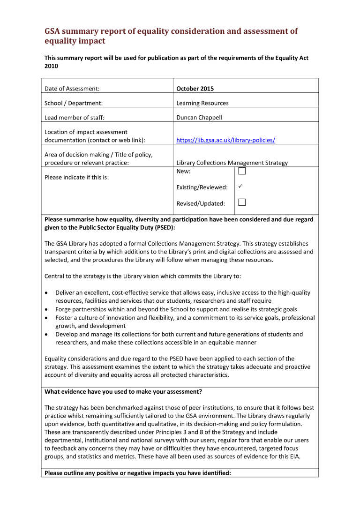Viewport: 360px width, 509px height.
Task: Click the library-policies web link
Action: [225, 140]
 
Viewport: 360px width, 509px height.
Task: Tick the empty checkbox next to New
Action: [242, 172]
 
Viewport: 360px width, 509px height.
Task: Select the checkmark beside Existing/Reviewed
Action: [240, 187]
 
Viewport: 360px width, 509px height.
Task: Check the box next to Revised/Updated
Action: [242, 202]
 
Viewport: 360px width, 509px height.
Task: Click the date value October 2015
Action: [195, 89]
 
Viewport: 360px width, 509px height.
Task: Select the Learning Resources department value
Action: [202, 103]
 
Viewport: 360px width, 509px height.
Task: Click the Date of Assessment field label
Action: [72, 89]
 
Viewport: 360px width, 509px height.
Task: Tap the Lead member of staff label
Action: [74, 118]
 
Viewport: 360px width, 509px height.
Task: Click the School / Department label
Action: [74, 103]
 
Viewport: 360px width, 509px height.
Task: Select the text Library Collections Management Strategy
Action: [232, 163]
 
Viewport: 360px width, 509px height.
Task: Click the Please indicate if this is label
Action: [76, 178]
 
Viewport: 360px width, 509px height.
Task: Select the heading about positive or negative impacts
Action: [137, 473]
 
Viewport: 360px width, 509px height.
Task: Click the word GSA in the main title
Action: [54, 31]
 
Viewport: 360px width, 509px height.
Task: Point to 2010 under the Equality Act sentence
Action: [51, 66]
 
